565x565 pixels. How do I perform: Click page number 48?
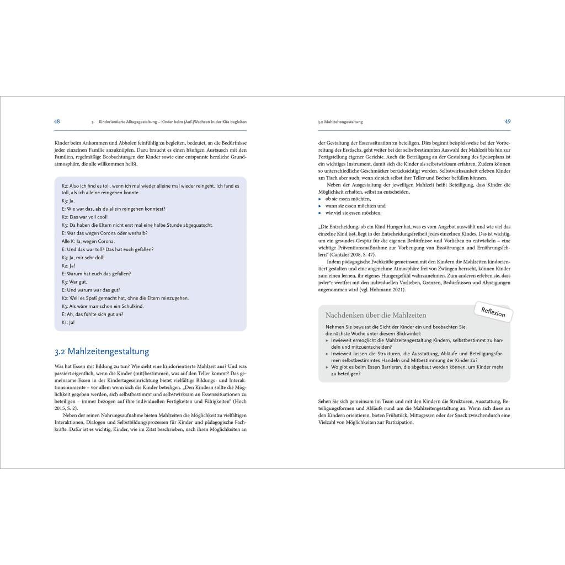pos(57,121)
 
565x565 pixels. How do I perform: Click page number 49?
pos(507,121)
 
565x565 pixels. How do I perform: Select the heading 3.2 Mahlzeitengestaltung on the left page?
pos(102,351)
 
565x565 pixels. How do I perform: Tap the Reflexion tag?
pos(493,312)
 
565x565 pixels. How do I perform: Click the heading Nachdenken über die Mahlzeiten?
pos(376,316)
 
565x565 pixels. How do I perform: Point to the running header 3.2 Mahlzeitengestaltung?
pos(340,122)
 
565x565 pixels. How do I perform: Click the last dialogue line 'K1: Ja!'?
pos(68,322)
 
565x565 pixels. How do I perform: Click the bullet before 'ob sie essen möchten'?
pos(321,198)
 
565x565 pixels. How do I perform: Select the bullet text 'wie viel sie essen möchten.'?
pos(353,212)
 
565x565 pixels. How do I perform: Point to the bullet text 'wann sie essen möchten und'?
pos(355,205)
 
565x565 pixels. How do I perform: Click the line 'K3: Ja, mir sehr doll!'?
pos(83,257)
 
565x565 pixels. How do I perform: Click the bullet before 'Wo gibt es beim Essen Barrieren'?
pos(327,366)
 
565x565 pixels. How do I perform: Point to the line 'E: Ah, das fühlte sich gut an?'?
pos(93,314)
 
